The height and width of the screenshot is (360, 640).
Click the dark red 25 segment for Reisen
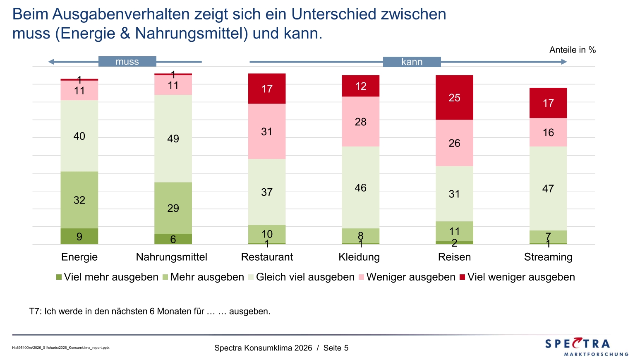(x=454, y=98)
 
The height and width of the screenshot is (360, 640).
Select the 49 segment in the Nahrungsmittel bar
(x=173, y=139)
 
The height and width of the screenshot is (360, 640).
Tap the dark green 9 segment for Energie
(x=79, y=236)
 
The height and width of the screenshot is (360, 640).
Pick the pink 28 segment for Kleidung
(x=360, y=122)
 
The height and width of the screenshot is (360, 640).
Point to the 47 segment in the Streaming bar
(x=548, y=189)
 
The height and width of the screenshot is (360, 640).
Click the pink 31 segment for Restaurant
(x=267, y=132)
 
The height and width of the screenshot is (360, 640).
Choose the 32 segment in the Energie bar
(x=79, y=200)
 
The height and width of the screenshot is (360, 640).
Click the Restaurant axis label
(x=267, y=257)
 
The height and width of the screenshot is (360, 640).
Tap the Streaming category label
(x=548, y=257)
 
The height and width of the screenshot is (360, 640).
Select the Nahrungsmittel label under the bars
(x=172, y=257)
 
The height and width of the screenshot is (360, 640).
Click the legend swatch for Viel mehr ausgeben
(x=59, y=277)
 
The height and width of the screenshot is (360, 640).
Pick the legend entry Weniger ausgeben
(x=411, y=277)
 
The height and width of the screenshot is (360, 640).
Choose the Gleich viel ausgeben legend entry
(x=305, y=277)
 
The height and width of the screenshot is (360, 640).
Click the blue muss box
(x=127, y=62)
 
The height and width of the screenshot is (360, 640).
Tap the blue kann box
(x=412, y=62)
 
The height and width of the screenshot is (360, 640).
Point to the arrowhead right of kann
(x=564, y=62)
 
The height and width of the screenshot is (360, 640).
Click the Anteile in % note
(x=573, y=50)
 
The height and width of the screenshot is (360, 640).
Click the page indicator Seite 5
(x=336, y=348)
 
